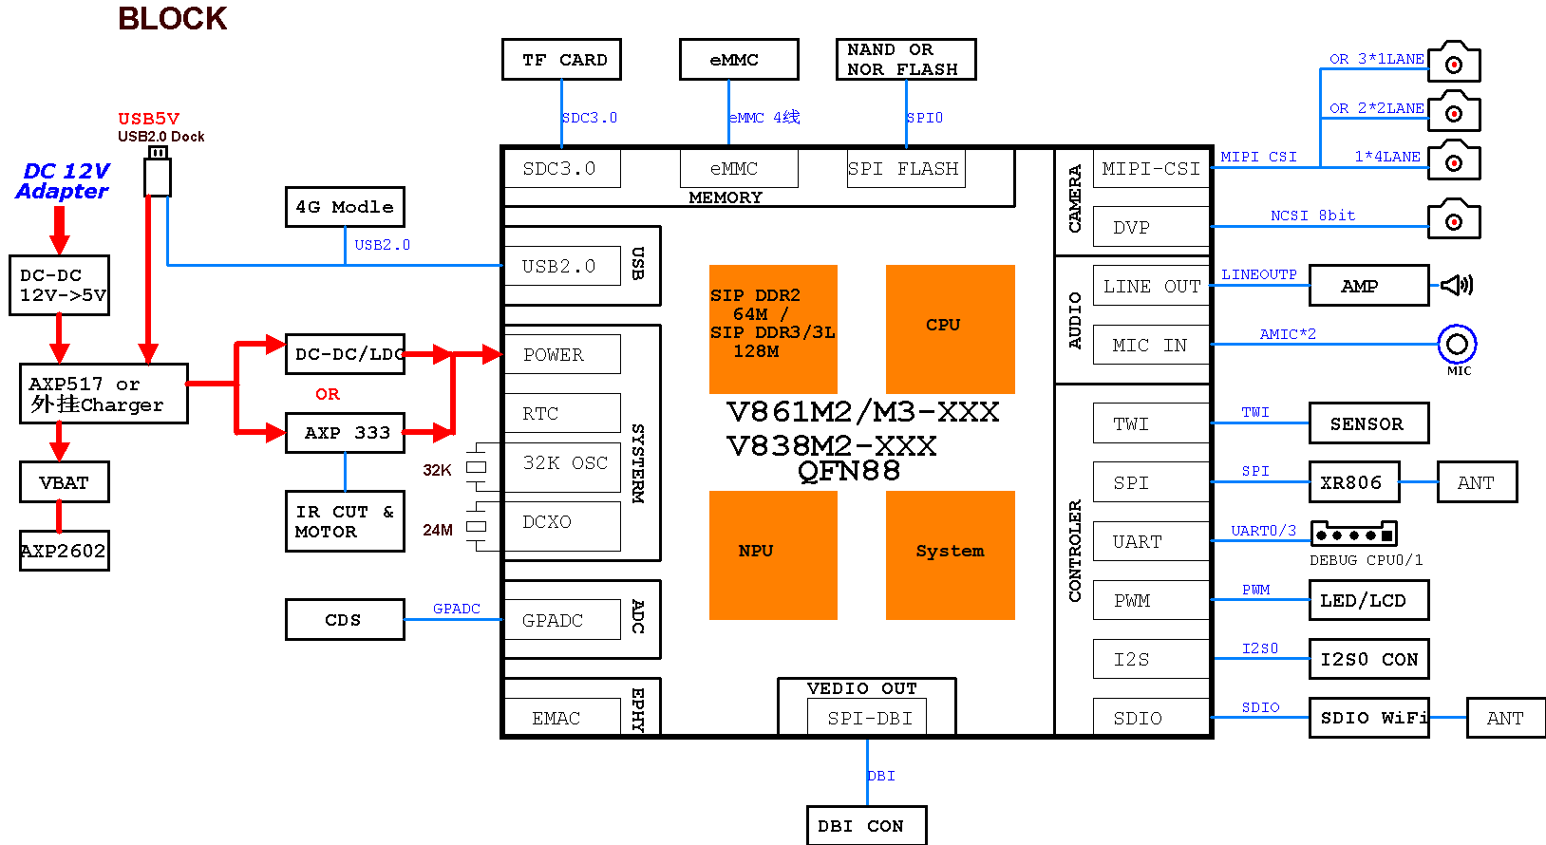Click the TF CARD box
561,60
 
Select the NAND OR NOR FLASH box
905,60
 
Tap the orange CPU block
950,329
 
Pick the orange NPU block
773,554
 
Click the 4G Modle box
345,207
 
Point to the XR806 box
1352,482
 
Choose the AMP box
1367,286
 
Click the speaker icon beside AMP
1457,285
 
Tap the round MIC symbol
1457,344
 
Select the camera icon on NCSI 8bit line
1454,219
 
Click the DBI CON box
866,826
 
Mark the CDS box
345,620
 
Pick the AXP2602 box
65,551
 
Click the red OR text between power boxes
328,394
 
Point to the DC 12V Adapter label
64,181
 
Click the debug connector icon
1353,534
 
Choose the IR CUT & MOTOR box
345,521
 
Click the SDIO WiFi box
1368,718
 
